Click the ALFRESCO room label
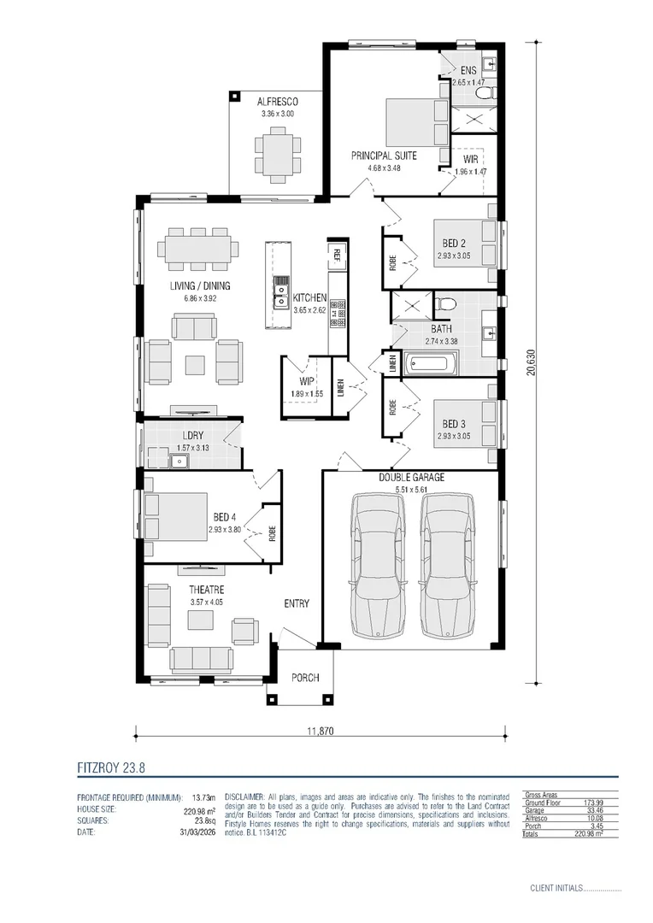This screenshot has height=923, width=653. point(277,102)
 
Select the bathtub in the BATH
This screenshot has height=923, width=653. point(431,363)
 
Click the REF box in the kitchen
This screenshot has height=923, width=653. point(338,255)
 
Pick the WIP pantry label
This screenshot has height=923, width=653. point(306,381)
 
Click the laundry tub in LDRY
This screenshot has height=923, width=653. point(177,461)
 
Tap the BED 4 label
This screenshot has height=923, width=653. point(224,517)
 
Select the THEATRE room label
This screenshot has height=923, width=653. point(207,589)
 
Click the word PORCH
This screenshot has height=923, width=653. point(305,678)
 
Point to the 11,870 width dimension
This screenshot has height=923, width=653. point(321,732)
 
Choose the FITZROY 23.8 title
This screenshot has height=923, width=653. point(111,767)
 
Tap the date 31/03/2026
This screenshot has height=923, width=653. point(197,832)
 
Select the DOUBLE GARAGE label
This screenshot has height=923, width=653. point(412,478)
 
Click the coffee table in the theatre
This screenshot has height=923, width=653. point(200,620)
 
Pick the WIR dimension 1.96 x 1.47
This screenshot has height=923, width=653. point(470,172)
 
